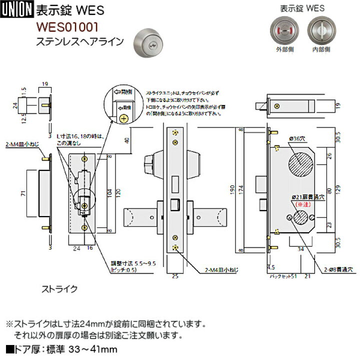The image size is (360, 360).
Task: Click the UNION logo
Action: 17,8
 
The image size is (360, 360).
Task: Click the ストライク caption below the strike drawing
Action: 59,288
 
